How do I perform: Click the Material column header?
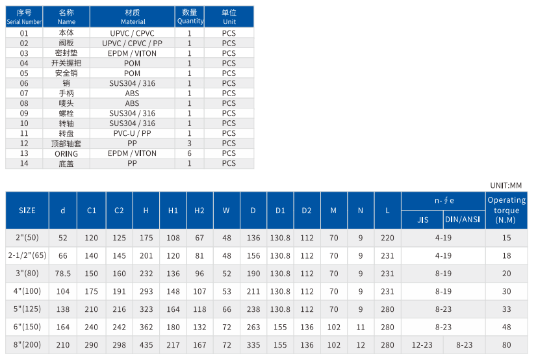pyautogui.click(x=132, y=17)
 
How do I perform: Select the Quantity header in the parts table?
pyautogui.click(x=190, y=17)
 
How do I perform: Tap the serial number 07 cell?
pyautogui.click(x=24, y=93)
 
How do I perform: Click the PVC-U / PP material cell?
pyautogui.click(x=132, y=133)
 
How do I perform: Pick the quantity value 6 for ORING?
pyautogui.click(x=190, y=153)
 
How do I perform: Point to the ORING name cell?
pyautogui.click(x=66, y=153)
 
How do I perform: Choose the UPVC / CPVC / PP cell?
pyautogui.click(x=132, y=43)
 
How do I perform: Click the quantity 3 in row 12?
pyautogui.click(x=190, y=143)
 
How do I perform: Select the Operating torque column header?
pyautogui.click(x=506, y=210)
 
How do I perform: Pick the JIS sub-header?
pyautogui.click(x=422, y=220)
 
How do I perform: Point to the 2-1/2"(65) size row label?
pyautogui.click(x=27, y=256)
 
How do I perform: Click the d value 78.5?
pyautogui.click(x=63, y=274)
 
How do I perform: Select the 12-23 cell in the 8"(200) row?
pyautogui.click(x=422, y=344)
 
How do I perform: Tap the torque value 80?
pyautogui.click(x=506, y=344)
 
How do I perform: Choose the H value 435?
pyautogui.click(x=146, y=344)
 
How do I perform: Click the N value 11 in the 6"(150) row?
pyautogui.click(x=361, y=327)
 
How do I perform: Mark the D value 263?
pyautogui.click(x=253, y=327)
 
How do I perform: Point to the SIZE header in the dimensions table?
pyautogui.click(x=27, y=211)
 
